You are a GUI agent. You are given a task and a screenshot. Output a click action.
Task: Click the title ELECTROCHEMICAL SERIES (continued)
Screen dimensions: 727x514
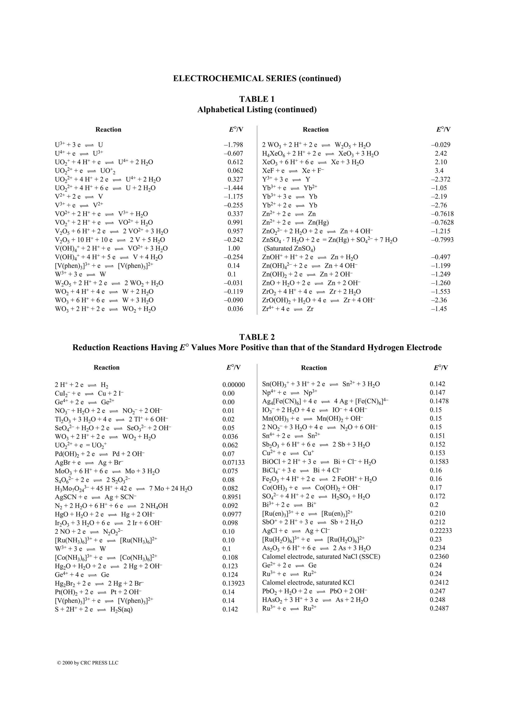click(x=257, y=79)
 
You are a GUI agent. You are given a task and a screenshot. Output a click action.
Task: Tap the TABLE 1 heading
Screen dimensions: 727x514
click(x=257, y=99)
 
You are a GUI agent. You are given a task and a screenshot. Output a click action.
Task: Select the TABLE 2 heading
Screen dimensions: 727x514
click(x=257, y=337)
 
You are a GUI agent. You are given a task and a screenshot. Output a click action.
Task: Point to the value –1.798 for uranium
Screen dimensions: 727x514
click(x=233, y=145)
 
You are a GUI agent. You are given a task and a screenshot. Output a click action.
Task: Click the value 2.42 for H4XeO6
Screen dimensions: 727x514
click(x=441, y=154)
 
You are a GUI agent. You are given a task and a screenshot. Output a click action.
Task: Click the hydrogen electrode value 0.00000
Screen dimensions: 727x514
click(x=233, y=385)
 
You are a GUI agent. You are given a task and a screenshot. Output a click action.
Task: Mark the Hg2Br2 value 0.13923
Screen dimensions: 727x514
click(x=233, y=583)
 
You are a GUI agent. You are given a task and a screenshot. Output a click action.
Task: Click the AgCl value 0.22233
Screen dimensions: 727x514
click(x=440, y=530)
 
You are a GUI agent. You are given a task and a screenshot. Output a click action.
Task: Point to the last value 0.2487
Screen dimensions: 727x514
click(x=439, y=608)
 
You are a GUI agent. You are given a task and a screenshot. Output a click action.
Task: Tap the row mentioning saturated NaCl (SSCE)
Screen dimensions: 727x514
click(x=321, y=556)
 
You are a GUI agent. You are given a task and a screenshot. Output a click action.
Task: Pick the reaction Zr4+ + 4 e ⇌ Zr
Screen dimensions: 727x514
click(x=288, y=309)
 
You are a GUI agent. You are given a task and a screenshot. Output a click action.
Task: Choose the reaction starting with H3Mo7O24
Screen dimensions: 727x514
click(x=123, y=489)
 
